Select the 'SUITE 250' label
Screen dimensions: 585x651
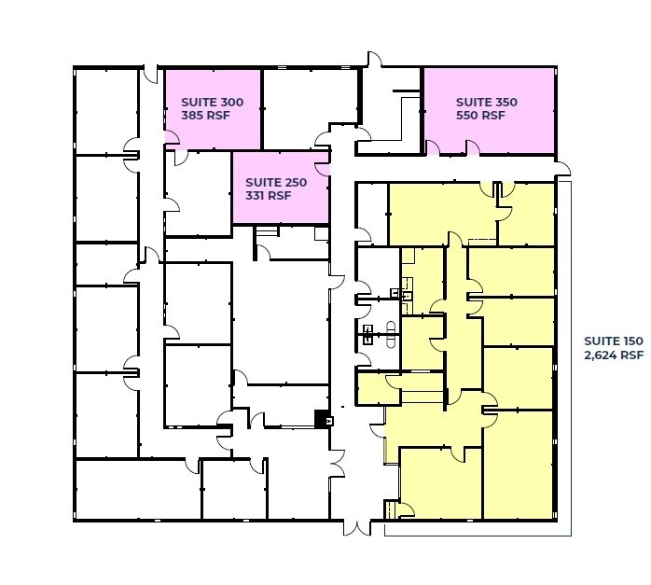270,182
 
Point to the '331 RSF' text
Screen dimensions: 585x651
269,197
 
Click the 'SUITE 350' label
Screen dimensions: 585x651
486,102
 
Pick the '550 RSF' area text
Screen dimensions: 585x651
480,117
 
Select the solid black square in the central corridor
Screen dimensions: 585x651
322,419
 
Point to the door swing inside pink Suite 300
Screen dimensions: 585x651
172,140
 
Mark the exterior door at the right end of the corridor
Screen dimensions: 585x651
562,168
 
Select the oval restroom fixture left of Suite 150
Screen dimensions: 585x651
390,336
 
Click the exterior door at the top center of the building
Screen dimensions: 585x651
373,62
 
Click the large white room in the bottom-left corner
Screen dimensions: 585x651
136,489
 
